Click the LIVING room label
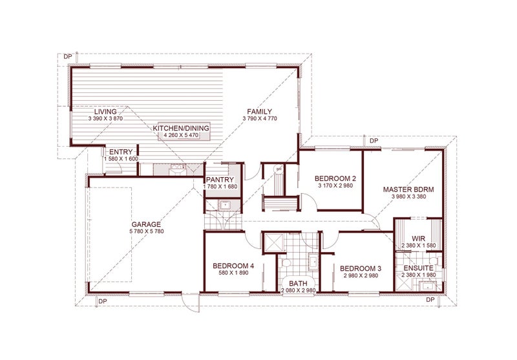tap(105, 112)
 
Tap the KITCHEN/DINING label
tap(181, 128)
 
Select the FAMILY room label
tap(260, 112)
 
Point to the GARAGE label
tap(146, 224)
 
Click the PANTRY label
tap(220, 180)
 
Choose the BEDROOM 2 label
tap(335, 178)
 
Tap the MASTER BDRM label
tap(408, 189)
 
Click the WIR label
tap(418, 238)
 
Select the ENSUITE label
tap(418, 268)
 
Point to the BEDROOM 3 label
tap(361, 269)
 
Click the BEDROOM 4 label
tap(233, 266)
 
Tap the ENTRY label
tap(121, 152)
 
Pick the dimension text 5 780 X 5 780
tap(147, 231)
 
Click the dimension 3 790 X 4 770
tap(260, 119)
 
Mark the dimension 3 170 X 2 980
tap(335, 185)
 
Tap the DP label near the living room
tap(68, 57)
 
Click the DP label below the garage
tap(103, 301)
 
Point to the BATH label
tap(298, 284)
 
